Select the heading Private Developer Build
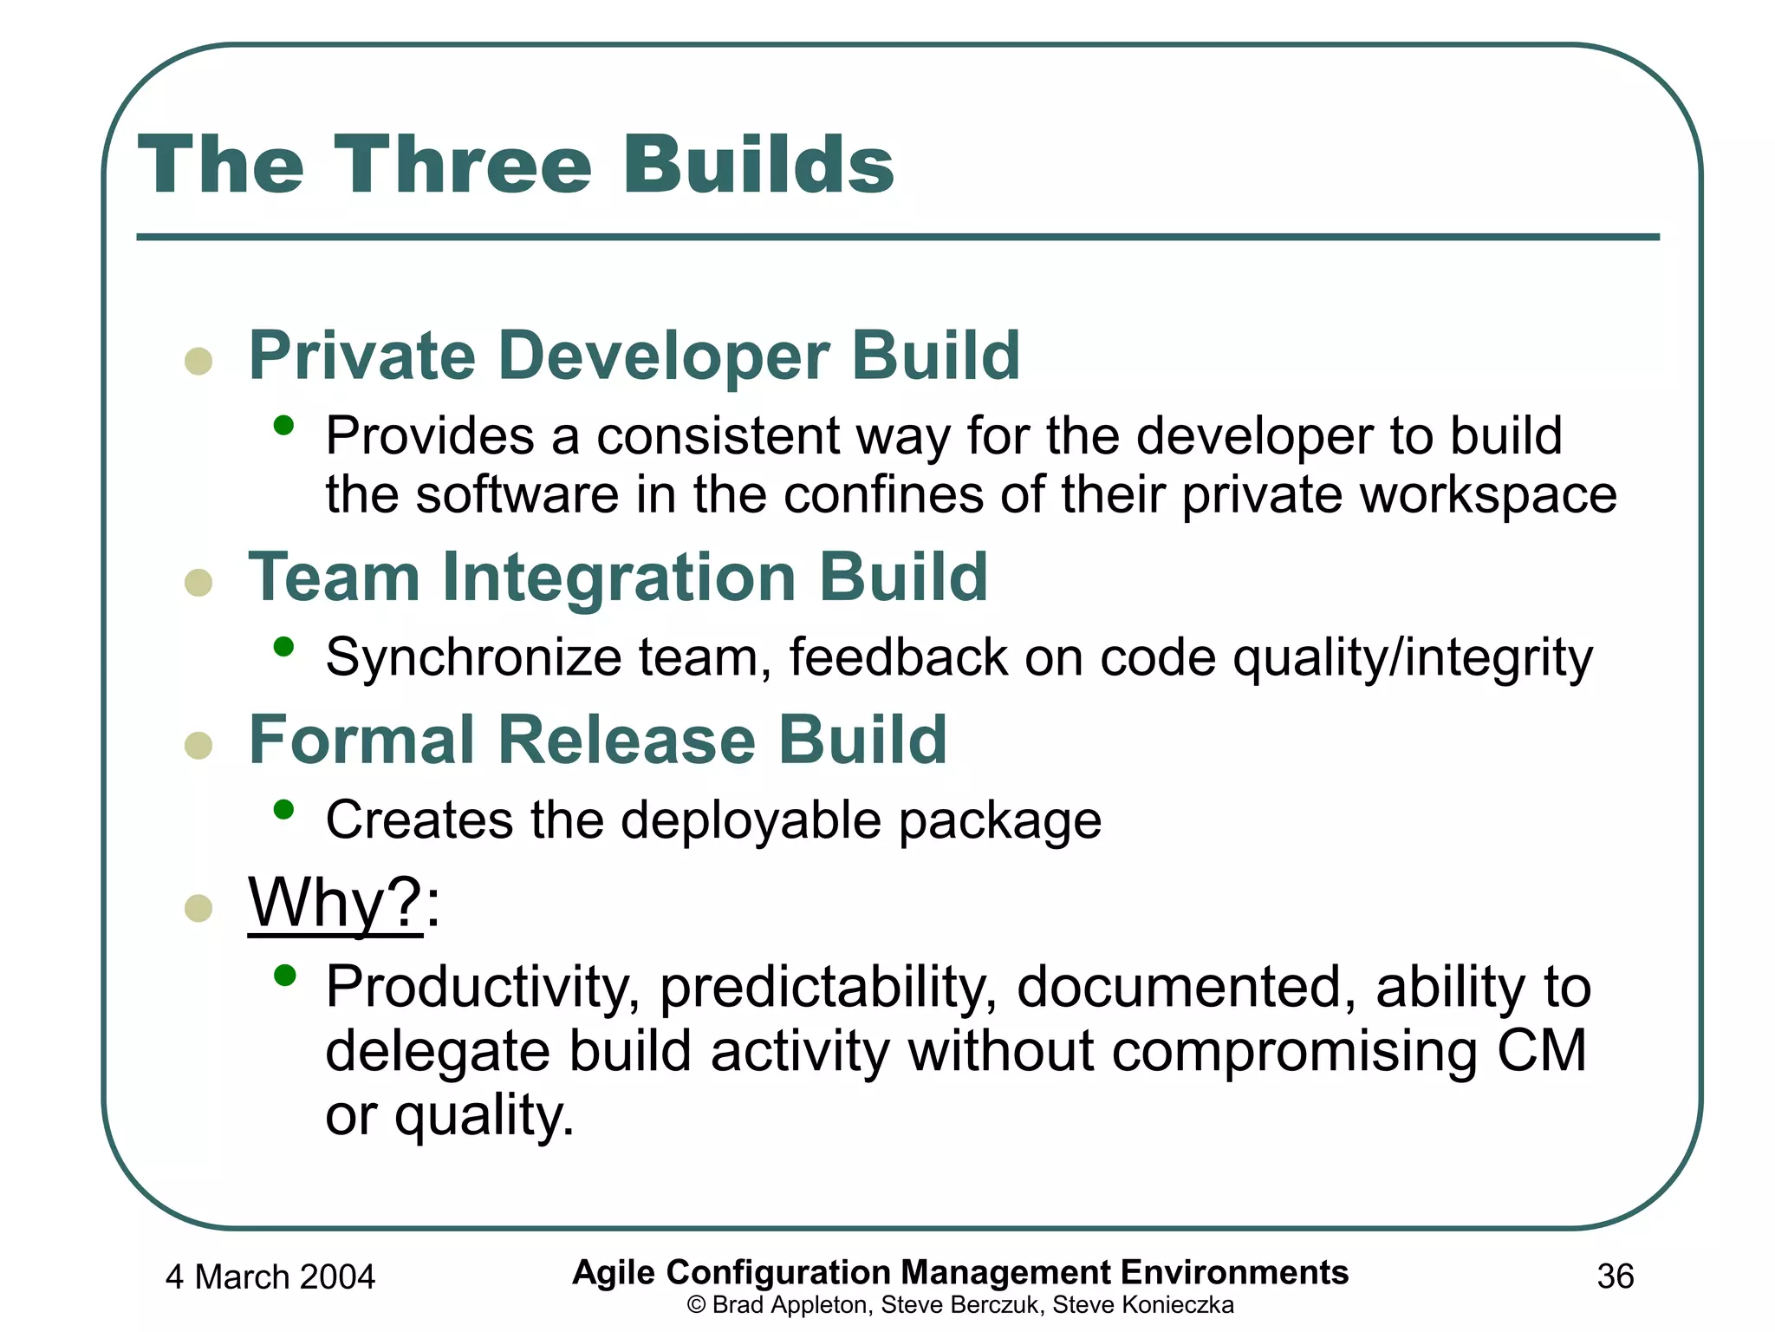pyautogui.click(x=634, y=356)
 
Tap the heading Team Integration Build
pyautogui.click(x=618, y=578)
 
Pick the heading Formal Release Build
pyautogui.click(x=597, y=740)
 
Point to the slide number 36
pyautogui.click(x=1616, y=1276)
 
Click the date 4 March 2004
pyautogui.click(x=270, y=1277)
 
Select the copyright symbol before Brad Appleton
pyautogui.click(x=695, y=1305)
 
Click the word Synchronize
pyautogui.click(x=473, y=657)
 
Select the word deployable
pyautogui.click(x=751, y=820)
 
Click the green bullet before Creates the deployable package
pyautogui.click(x=283, y=810)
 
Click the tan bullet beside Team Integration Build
pyautogui.click(x=198, y=583)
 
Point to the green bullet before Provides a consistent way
pyautogui.click(x=283, y=425)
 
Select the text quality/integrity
pyautogui.click(x=1412, y=657)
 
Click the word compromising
pyautogui.click(x=1294, y=1051)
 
